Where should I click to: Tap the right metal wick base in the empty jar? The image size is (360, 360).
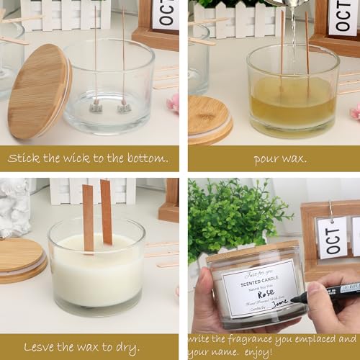125,107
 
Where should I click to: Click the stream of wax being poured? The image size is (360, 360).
292,36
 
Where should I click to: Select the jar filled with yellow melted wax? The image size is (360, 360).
292,97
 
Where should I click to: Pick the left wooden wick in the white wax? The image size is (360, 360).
87,216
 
